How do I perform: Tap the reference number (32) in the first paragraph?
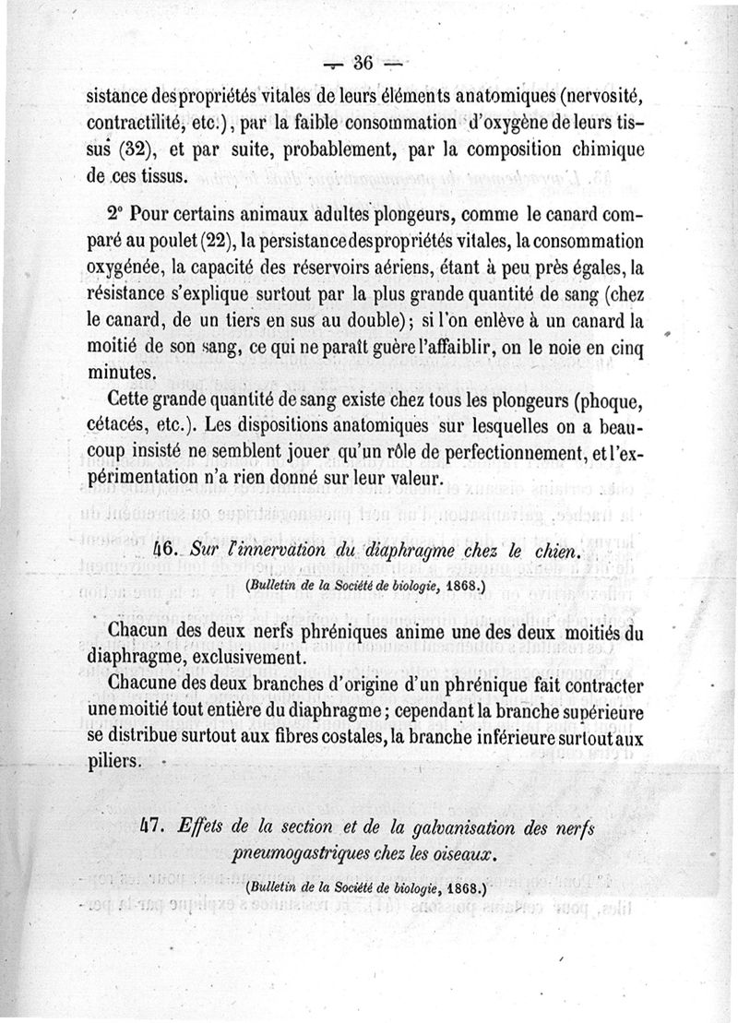click(161, 149)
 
